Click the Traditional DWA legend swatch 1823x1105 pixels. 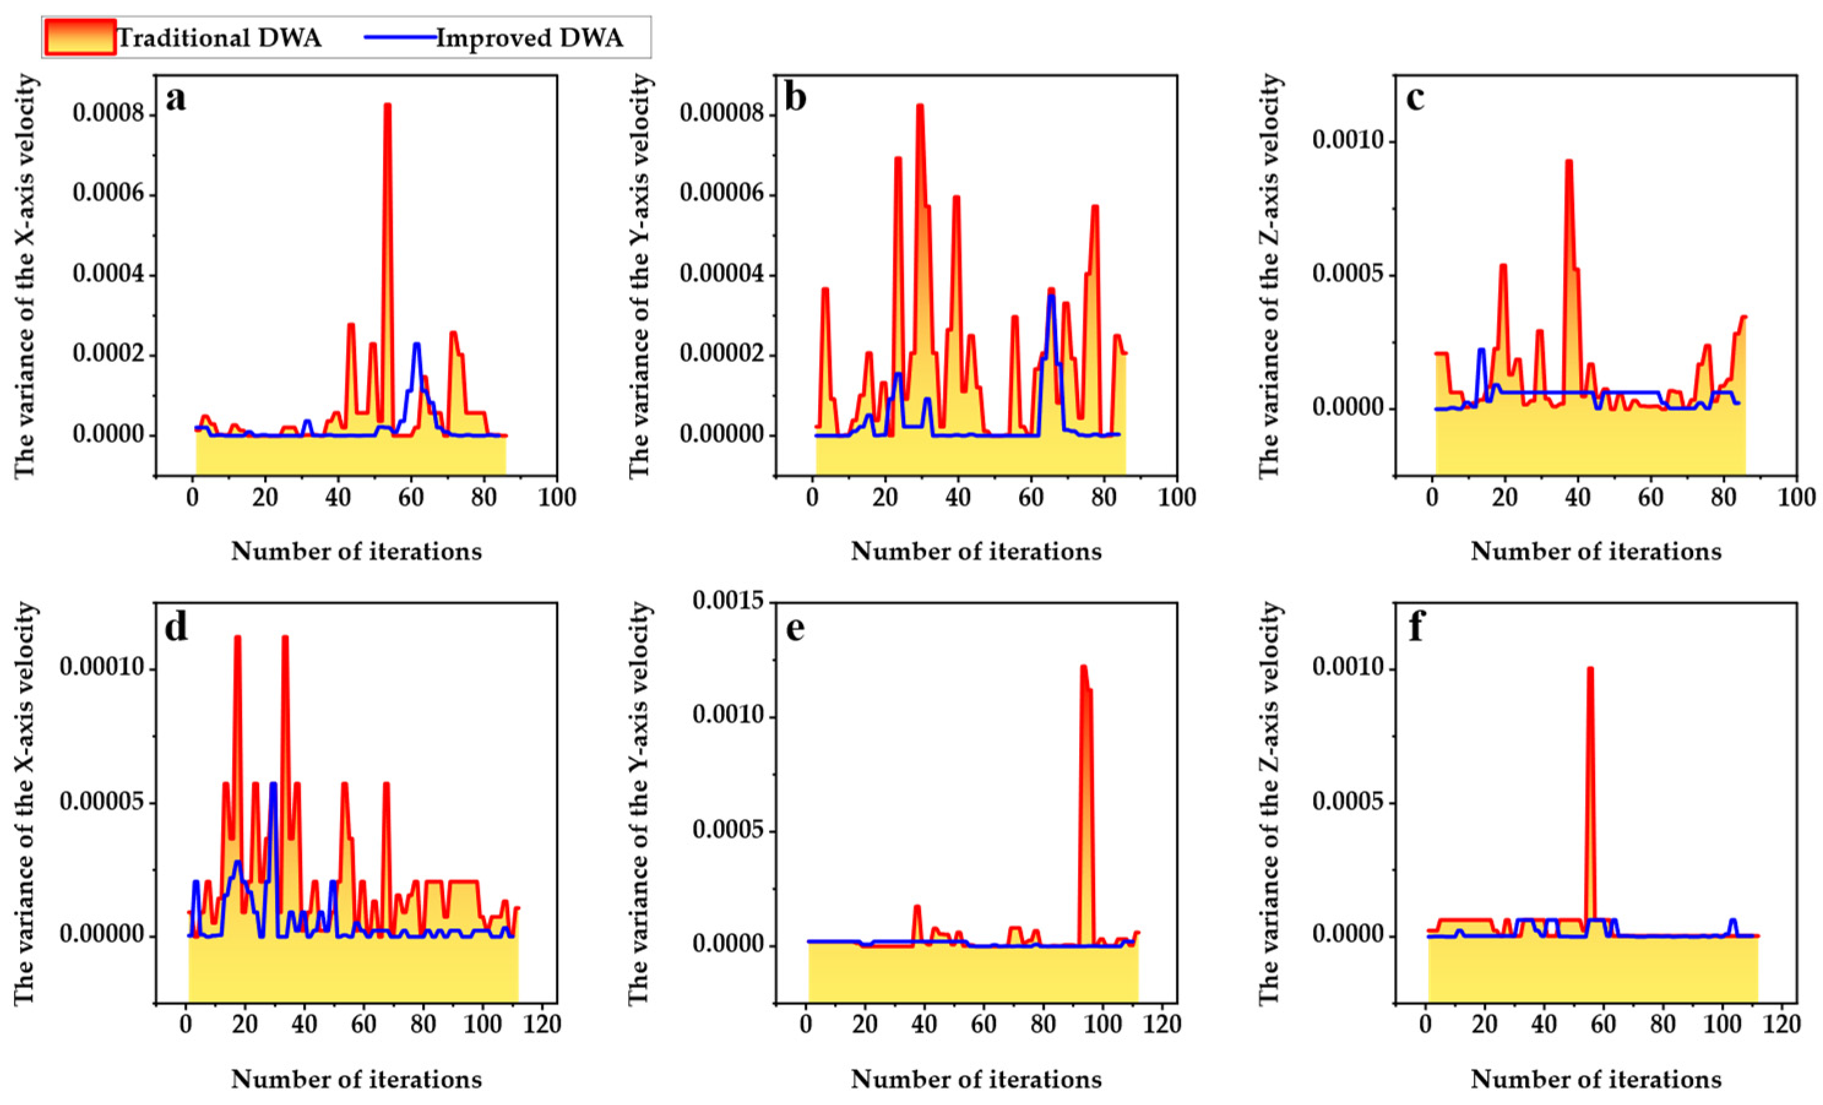80,37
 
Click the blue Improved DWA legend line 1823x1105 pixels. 400,37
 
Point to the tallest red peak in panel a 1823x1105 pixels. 387,106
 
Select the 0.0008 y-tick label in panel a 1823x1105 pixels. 108,115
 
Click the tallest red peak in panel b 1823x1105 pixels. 920,106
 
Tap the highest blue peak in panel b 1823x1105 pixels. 1050,296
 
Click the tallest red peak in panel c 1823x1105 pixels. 1569,161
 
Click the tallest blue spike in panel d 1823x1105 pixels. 273,784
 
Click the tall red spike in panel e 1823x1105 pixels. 1083,668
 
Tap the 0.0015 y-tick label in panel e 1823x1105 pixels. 728,602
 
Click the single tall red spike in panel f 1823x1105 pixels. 1590,669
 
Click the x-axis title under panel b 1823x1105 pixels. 976,551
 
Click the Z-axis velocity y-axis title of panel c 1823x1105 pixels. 1270,275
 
